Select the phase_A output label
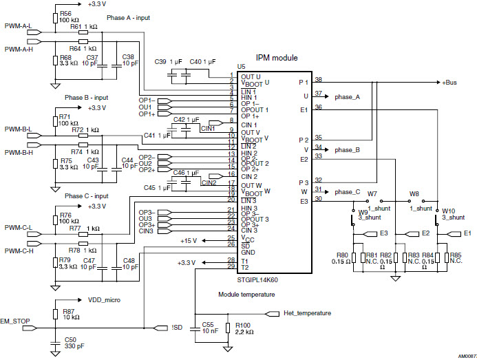(x=348, y=97)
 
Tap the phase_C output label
(x=348, y=191)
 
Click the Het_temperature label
(x=308, y=313)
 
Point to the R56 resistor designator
(x=65, y=13)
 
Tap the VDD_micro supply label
(x=103, y=300)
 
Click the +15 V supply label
(x=189, y=240)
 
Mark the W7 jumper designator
(x=372, y=194)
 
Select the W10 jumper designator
(x=448, y=211)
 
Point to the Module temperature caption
(x=247, y=294)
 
